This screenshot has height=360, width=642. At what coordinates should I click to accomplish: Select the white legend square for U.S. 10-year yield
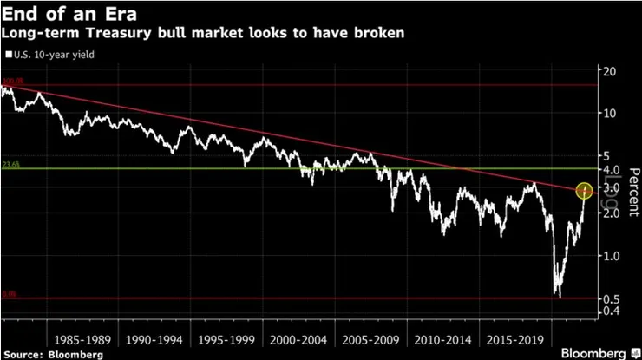click(x=9, y=55)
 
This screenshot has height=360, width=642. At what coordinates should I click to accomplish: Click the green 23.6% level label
click(x=10, y=163)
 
